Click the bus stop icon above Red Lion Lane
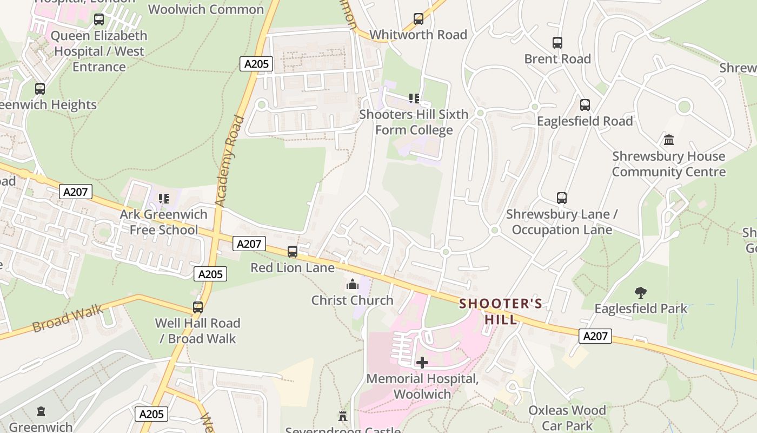pyautogui.click(x=293, y=252)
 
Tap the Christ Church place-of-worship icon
pyautogui.click(x=353, y=284)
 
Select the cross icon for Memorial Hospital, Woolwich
pyautogui.click(x=422, y=363)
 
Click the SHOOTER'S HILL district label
pyautogui.click(x=501, y=311)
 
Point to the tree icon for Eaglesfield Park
pyautogui.click(x=641, y=293)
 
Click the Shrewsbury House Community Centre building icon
pyautogui.click(x=669, y=140)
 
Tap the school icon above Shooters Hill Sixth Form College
pyautogui.click(x=414, y=99)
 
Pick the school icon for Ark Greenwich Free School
pyautogui.click(x=163, y=199)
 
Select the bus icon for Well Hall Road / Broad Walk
pyautogui.click(x=198, y=307)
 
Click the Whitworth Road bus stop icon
pyautogui.click(x=419, y=19)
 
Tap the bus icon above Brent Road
pyautogui.click(x=557, y=43)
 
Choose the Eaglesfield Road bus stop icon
pyautogui.click(x=585, y=105)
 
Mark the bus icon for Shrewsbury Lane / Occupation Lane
pyautogui.click(x=562, y=198)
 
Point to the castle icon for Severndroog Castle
pyautogui.click(x=342, y=416)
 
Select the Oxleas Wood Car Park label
pyautogui.click(x=567, y=418)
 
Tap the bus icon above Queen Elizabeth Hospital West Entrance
pyautogui.click(x=99, y=20)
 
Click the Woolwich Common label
pyautogui.click(x=206, y=9)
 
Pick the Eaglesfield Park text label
pyautogui.click(x=641, y=309)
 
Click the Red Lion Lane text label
pyautogui.click(x=293, y=267)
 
